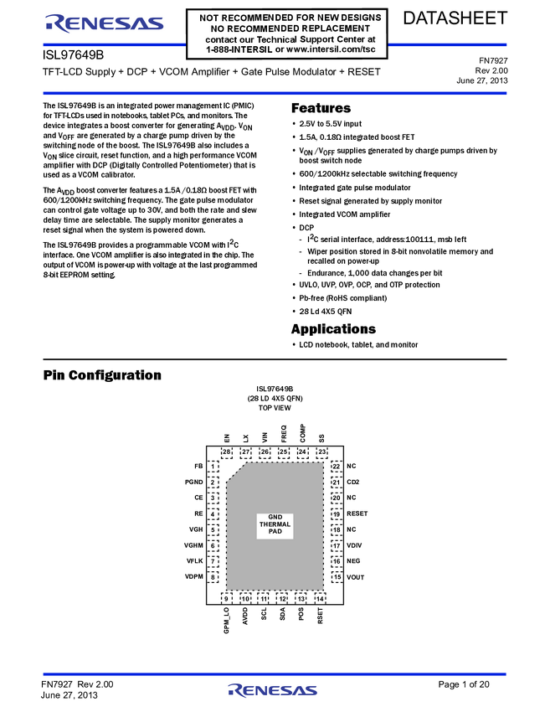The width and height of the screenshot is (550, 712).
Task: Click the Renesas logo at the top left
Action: point(104,24)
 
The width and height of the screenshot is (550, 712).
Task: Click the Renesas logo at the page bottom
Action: point(272,690)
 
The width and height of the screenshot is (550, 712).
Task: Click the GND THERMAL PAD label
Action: point(275,524)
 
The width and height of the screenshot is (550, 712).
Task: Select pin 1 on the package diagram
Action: point(213,467)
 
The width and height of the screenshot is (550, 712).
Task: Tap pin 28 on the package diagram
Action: point(226,452)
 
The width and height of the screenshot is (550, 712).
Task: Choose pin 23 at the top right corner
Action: point(322,452)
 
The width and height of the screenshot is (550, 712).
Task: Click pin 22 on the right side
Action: point(337,467)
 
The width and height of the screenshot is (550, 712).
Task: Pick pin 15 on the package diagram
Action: point(337,577)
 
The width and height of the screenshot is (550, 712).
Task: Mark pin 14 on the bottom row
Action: point(320,599)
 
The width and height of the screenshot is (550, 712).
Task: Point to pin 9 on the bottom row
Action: point(226,599)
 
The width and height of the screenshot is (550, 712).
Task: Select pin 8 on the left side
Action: point(213,577)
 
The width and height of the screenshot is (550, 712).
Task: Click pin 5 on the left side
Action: point(213,530)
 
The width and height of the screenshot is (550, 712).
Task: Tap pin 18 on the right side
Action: point(337,530)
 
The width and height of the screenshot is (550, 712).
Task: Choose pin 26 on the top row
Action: point(265,452)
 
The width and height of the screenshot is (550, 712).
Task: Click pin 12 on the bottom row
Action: point(282,599)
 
